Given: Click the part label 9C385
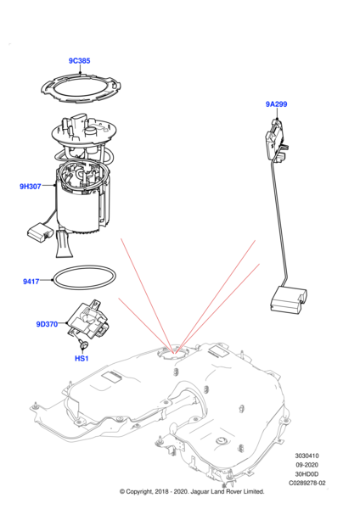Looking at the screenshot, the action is (x=79, y=61).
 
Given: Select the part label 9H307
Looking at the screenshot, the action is (x=31, y=187).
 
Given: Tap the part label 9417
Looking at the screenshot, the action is (x=31, y=282).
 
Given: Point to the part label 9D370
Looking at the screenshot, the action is (x=47, y=324).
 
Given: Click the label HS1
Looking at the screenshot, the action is (x=82, y=358).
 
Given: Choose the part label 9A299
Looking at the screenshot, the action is (x=277, y=103).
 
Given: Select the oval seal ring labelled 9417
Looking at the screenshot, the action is (x=53, y=278).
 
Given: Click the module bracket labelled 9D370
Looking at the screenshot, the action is (x=87, y=320).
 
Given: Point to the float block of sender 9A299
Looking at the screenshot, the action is (x=289, y=301).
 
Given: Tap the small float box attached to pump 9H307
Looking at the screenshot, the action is (x=40, y=232).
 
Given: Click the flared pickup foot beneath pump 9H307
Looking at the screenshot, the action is (x=65, y=244).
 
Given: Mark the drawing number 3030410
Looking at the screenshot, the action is (x=307, y=456).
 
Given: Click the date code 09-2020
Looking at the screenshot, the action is (x=307, y=465).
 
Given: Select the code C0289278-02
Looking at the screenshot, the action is (x=307, y=483).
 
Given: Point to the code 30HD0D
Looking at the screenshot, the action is (x=307, y=474).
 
